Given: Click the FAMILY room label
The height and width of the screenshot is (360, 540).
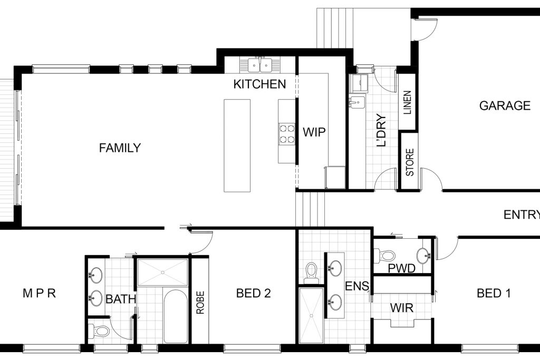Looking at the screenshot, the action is [x=120, y=148].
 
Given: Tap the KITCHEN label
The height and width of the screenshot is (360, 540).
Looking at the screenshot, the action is [x=259, y=84].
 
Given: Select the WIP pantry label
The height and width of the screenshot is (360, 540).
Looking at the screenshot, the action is [x=314, y=132].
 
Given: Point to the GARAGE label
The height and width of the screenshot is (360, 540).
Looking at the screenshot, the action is [x=505, y=105].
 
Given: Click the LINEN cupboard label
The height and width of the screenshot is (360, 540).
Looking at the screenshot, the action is [x=408, y=103].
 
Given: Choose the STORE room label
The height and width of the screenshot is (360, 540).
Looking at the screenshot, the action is [x=410, y=162].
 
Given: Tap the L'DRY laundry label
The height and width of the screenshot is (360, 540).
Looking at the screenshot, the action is [x=382, y=130].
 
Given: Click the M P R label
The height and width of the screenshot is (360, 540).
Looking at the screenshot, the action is [x=39, y=293].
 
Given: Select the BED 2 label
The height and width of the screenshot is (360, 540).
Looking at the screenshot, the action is [x=254, y=293].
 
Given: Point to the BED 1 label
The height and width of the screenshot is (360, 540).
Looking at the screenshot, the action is [x=494, y=293].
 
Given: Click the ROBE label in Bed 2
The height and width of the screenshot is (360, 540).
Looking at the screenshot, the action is [x=200, y=303].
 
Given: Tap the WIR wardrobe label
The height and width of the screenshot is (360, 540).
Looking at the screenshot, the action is [x=401, y=308].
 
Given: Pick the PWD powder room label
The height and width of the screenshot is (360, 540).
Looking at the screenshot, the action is [x=401, y=268].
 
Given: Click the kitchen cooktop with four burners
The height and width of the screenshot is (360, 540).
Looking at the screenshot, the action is [x=287, y=134].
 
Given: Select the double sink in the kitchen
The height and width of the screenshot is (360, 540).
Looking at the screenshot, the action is [x=259, y=65].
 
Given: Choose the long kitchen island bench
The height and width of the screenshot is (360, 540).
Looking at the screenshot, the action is [x=237, y=145].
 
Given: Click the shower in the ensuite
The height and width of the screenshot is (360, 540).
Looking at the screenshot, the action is [x=312, y=315].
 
